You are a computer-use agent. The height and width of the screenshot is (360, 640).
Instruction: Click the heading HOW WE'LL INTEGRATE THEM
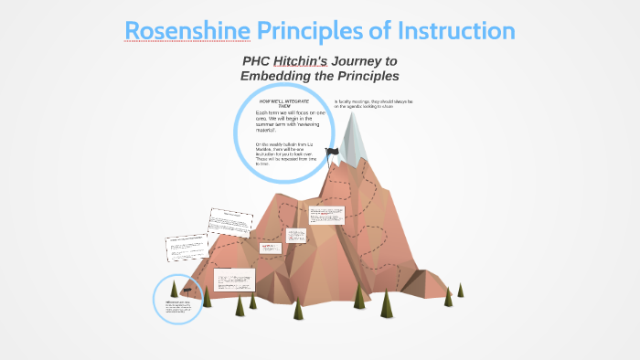[x=283, y=103]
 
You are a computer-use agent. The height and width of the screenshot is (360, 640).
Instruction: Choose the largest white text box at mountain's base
[x=235, y=280]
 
